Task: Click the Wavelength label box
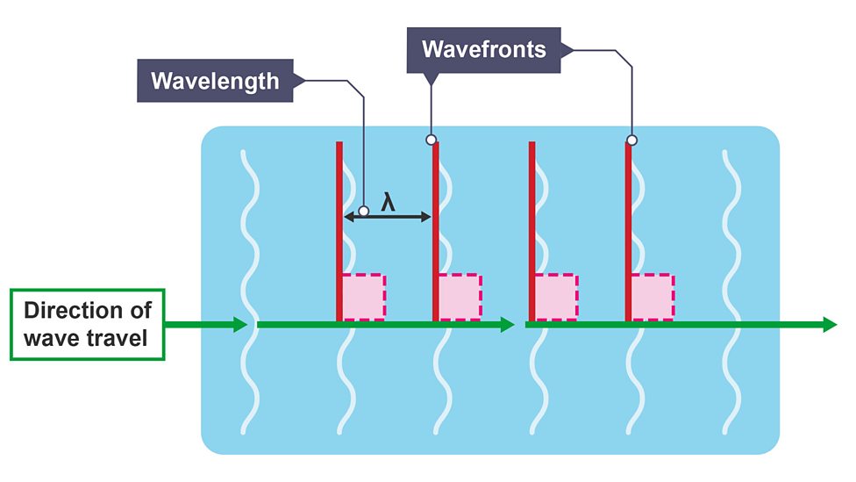pyautogui.click(x=214, y=82)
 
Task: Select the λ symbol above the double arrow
pyautogui.click(x=388, y=202)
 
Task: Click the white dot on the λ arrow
pyautogui.click(x=363, y=212)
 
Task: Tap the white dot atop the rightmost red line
pyautogui.click(x=631, y=140)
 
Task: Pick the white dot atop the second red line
pyautogui.click(x=431, y=140)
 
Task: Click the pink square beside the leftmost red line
pyautogui.click(x=363, y=297)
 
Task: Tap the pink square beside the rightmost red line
pyautogui.click(x=652, y=297)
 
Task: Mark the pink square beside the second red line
pyautogui.click(x=460, y=297)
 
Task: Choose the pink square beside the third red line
pyautogui.click(x=556, y=297)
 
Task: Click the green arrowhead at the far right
pyautogui.click(x=830, y=325)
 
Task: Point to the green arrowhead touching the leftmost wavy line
pyautogui.click(x=240, y=325)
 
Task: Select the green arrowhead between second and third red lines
pyautogui.click(x=506, y=325)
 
